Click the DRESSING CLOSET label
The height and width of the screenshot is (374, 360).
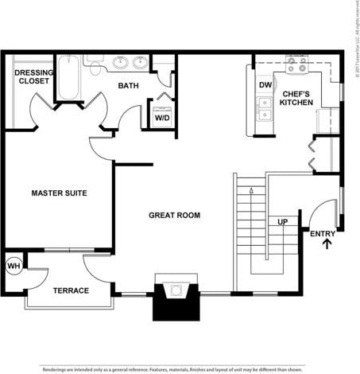point(33,77)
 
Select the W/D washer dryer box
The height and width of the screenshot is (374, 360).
point(162,116)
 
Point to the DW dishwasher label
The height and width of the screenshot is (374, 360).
point(265,86)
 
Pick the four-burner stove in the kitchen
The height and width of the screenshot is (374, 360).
point(297,65)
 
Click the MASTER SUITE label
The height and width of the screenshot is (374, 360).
point(59,193)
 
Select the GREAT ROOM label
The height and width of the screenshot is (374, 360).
point(174,216)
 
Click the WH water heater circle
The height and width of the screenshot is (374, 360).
point(14,266)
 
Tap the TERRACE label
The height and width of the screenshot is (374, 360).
point(71,290)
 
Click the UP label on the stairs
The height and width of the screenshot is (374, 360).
point(282,222)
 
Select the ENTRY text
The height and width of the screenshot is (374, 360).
point(323,233)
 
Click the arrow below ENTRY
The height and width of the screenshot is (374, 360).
point(327,243)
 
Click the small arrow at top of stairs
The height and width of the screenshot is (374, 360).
point(252,191)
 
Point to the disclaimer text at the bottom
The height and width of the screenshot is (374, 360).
point(172,369)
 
